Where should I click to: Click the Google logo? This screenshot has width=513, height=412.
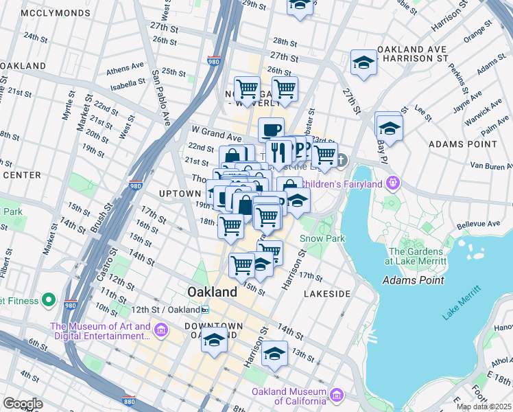click(x=23, y=404)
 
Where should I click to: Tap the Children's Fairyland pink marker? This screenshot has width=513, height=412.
click(x=392, y=183)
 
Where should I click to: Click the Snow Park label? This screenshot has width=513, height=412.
click(x=322, y=239)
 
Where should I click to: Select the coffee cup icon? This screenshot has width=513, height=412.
click(x=271, y=129)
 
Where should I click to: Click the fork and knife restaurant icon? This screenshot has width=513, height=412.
click(x=278, y=150)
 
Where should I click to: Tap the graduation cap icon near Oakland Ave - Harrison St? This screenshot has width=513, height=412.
click(x=363, y=63)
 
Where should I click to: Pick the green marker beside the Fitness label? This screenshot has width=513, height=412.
click(x=49, y=299)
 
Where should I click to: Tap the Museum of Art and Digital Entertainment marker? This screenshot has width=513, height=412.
click(x=160, y=331)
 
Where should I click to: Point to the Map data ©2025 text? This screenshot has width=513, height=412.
click(x=483, y=407)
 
